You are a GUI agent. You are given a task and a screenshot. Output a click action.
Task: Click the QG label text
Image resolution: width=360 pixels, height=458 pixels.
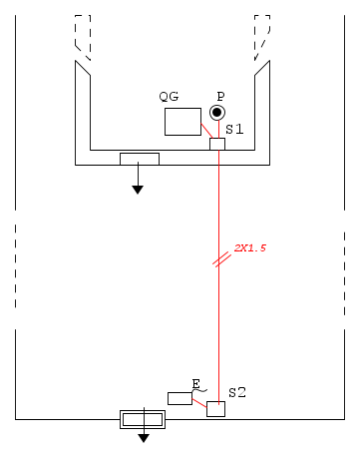pos(169,97)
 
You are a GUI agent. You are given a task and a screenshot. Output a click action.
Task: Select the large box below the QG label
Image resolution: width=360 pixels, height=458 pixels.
pos(182,122)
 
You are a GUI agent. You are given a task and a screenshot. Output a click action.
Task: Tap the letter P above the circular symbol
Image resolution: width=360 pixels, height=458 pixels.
pos(220,97)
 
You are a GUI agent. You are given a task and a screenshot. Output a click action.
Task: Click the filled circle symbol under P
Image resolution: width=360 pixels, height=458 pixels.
pos(217,113)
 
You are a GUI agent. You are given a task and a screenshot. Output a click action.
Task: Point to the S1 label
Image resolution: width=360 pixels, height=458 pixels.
pos(234,129)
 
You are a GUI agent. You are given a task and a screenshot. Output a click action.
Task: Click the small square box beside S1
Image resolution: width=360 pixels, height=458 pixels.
pos(217,144)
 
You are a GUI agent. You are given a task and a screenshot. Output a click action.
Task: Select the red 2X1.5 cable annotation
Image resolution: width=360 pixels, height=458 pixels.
pos(250,248)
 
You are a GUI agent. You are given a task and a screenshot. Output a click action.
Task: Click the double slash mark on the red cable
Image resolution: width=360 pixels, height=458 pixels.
pos(221,259)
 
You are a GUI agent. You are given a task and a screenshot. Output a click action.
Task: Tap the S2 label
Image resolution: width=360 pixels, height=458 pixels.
pos(237,393)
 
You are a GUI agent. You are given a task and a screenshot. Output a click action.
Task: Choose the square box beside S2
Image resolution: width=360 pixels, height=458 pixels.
pos(215,409)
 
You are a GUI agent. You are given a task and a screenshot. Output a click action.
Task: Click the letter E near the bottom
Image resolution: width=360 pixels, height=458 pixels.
pos(196,384)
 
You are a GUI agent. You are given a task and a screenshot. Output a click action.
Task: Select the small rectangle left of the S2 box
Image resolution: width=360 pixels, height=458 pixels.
pos(180,398)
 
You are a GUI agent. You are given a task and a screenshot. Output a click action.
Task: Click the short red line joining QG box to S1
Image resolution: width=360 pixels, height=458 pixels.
pos(206,131)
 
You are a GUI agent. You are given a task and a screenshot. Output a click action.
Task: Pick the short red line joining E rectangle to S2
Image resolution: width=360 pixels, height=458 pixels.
pos(199,403)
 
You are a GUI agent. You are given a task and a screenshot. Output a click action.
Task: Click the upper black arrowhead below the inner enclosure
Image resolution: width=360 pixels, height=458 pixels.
pos(138,190)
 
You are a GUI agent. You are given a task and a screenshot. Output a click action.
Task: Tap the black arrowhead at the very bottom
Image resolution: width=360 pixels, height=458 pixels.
pos(144,438)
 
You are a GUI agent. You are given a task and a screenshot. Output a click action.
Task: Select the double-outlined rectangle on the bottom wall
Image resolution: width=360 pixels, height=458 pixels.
pos(143,419)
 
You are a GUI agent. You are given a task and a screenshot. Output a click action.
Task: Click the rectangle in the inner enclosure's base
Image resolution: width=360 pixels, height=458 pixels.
pos(140,159)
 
